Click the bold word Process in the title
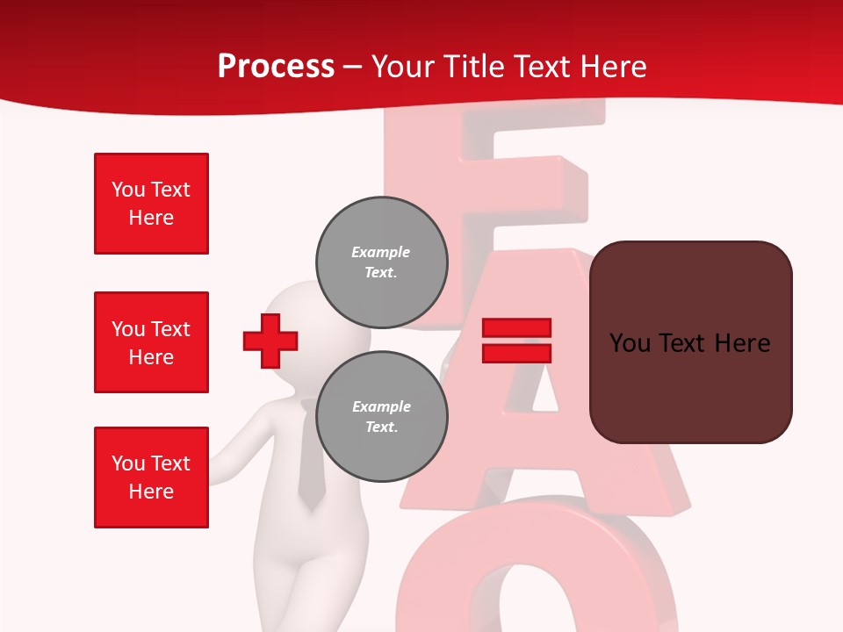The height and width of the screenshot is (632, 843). coord(276,67)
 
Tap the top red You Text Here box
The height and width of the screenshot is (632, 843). coord(151,204)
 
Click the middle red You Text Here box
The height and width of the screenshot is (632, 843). coord(151,342)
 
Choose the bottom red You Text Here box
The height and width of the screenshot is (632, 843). coord(151,478)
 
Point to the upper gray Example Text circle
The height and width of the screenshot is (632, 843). coord(381,262)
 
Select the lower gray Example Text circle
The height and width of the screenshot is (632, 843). coord(381,416)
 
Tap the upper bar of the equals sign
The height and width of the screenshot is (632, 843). coord(516,328)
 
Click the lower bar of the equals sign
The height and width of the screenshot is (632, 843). coord(516,353)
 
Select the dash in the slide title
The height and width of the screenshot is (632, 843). coord(353,67)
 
